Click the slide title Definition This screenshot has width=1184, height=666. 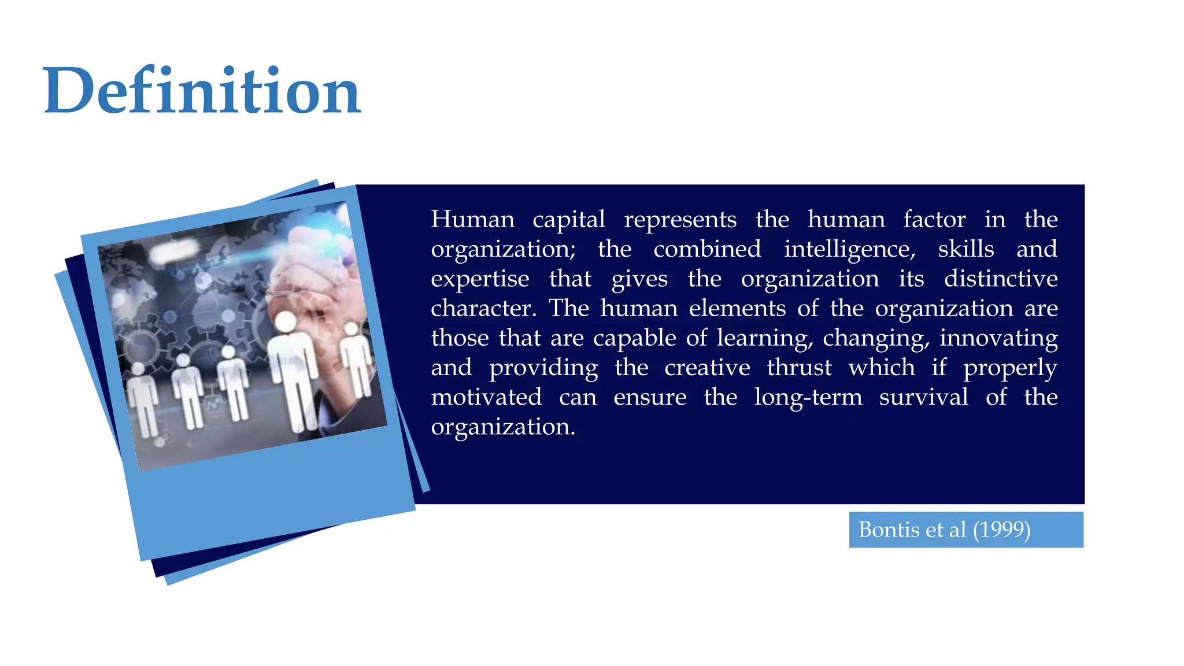point(202,91)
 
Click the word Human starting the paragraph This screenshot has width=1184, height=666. point(472,220)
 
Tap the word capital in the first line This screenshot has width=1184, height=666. point(568,220)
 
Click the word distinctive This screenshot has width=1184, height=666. point(1001,279)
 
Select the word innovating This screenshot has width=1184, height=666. point(998,338)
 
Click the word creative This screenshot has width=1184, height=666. point(707,368)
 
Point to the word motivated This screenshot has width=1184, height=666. point(486,397)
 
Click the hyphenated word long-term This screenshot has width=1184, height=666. point(808,398)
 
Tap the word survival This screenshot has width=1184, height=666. point(923,397)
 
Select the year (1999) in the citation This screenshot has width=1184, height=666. point(1001,530)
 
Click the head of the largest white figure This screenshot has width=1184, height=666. point(286,321)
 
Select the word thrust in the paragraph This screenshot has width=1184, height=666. point(799,368)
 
